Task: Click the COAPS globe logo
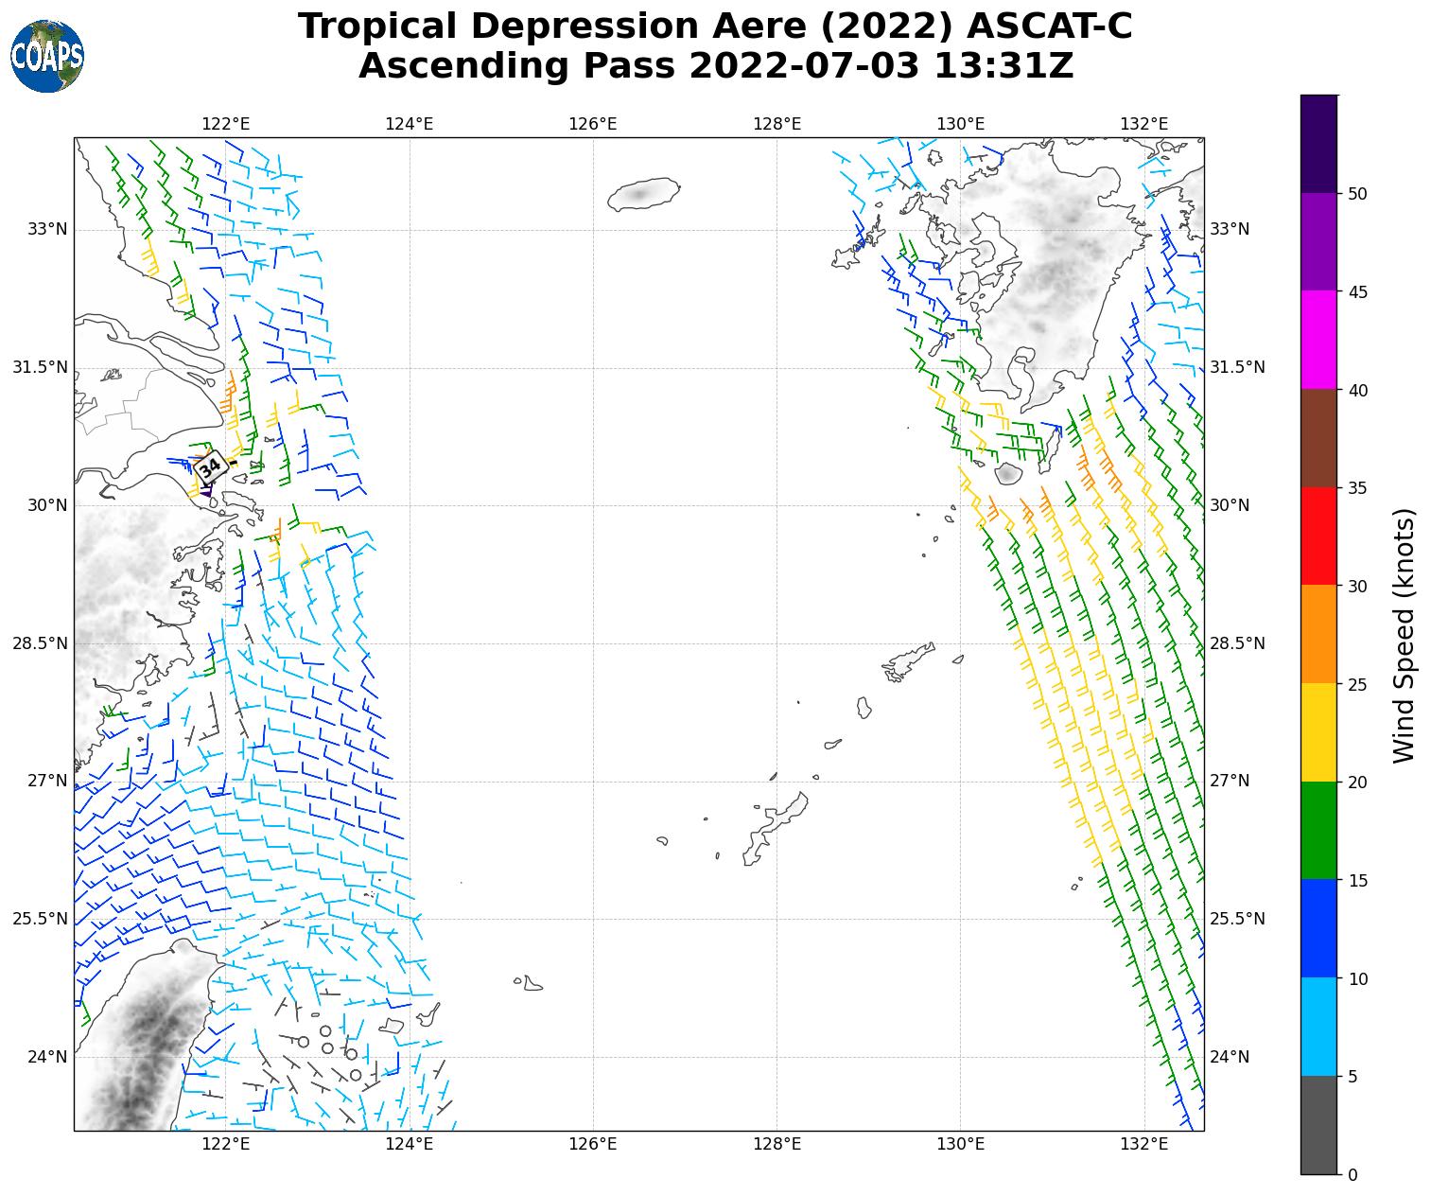[47, 57]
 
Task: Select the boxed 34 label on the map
[210, 467]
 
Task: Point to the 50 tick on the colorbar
[1358, 193]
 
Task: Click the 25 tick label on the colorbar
[1358, 684]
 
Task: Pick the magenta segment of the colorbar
[1319, 339]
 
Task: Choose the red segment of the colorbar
[1319, 536]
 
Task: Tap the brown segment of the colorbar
[1319, 437]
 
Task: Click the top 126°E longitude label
[593, 124]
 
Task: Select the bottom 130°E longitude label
[961, 1144]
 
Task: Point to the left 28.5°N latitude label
[40, 643]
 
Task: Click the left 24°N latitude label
[47, 1057]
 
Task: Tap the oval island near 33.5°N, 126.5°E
[643, 194]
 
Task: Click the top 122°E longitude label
[226, 124]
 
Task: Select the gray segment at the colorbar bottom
[1319, 1125]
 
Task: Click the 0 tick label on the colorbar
[1352, 1175]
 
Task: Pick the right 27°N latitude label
[1230, 781]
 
